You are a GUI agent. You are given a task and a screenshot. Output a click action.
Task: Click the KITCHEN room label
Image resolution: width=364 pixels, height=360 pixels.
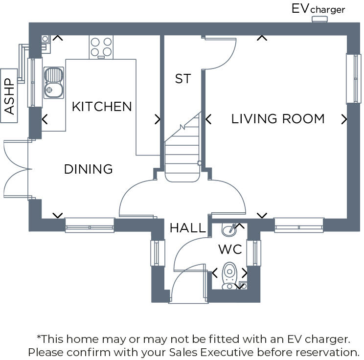pyautogui.click(x=102, y=107)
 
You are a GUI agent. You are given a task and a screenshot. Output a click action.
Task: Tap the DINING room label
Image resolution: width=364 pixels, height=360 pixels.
pyautogui.click(x=89, y=169)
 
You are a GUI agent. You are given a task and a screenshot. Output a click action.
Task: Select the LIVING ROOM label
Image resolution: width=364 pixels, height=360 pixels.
pyautogui.click(x=278, y=119)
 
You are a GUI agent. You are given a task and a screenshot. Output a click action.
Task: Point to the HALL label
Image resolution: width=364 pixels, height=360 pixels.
pyautogui.click(x=188, y=227)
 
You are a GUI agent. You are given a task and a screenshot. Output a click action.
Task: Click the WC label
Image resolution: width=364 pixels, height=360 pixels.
pyautogui.click(x=230, y=249)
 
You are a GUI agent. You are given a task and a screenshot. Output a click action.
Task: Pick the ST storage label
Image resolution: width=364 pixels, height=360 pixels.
pyautogui.click(x=182, y=79)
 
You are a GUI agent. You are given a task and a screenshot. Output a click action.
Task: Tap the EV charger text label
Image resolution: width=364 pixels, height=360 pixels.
pyautogui.click(x=318, y=9)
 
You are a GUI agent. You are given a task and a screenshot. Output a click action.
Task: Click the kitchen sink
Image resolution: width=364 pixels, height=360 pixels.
pyautogui.click(x=53, y=82)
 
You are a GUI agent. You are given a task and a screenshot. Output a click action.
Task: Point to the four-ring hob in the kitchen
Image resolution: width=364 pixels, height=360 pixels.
pyautogui.click(x=101, y=47)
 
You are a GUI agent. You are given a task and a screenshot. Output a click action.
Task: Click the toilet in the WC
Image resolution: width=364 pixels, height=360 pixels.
pyautogui.click(x=229, y=276)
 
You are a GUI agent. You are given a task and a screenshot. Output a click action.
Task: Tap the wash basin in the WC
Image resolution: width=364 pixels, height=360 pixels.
pyautogui.click(x=229, y=229)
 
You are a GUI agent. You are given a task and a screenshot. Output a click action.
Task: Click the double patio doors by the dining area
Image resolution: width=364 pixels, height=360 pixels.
pyautogui.click(x=17, y=169)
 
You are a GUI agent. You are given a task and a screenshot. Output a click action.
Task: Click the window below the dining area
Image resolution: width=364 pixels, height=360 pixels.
pyautogui.click(x=90, y=225)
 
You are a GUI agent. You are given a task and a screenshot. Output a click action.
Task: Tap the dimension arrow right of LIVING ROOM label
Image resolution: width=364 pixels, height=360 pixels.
pyautogui.click(x=344, y=119)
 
